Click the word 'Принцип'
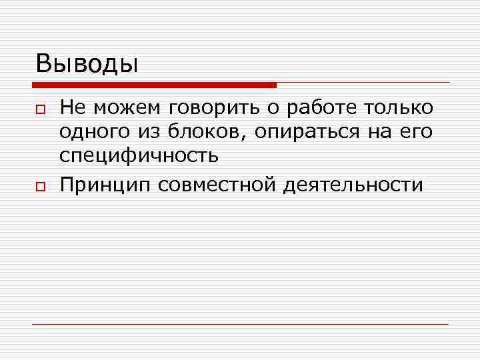pos(105,184)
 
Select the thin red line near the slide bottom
pos(240,325)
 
